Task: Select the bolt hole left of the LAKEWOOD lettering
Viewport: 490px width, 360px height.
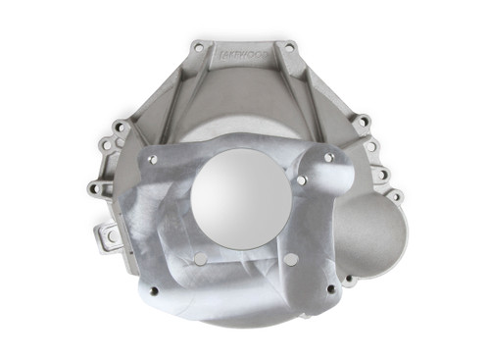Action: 199,46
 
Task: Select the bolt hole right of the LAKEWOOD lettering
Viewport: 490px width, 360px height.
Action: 288,47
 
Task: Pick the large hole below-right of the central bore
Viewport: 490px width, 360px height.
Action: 290,259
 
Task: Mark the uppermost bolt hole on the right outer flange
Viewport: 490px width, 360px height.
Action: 364,122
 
